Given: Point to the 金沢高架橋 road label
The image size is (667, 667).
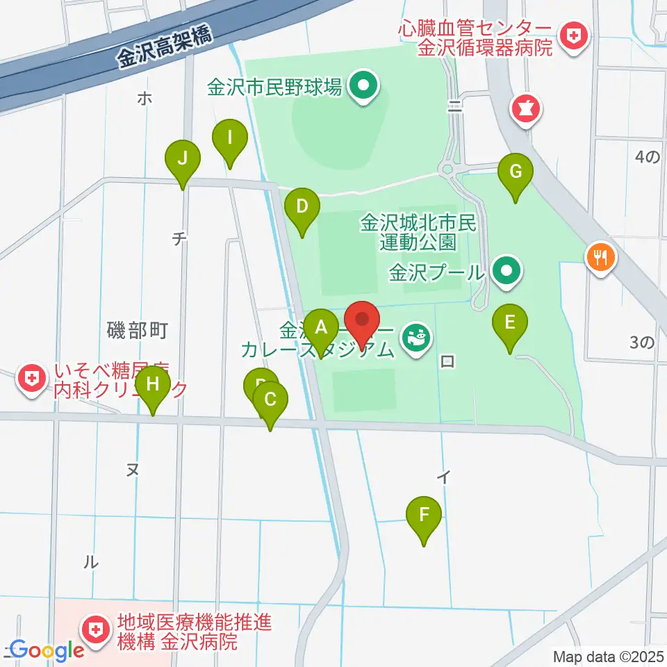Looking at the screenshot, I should click(164, 49).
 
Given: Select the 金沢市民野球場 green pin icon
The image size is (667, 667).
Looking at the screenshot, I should click(361, 87).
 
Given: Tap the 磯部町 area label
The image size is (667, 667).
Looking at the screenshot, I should click(138, 330).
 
